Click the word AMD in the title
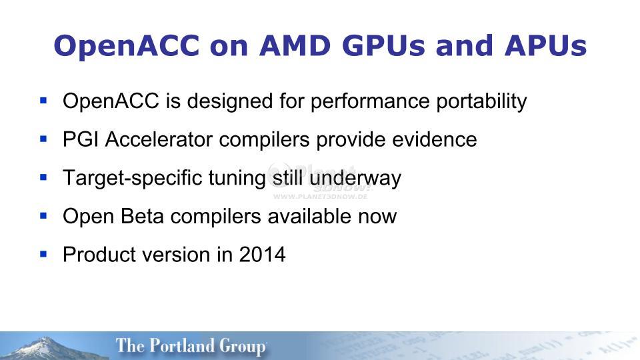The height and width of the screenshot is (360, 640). [295, 45]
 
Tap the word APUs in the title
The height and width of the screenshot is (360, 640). [545, 45]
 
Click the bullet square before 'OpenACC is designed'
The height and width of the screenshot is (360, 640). [44, 100]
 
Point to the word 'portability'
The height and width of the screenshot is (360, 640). [481, 101]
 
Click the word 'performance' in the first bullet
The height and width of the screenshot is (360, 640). [370, 101]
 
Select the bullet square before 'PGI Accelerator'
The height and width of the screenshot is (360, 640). [44, 139]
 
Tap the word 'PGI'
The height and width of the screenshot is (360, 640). [81, 139]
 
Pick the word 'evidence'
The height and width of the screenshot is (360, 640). [434, 139]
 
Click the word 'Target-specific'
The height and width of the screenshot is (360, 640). [133, 179]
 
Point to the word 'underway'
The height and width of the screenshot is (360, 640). [355, 179]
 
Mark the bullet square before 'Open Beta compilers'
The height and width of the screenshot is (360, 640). [44, 215]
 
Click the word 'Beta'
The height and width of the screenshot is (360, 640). [142, 216]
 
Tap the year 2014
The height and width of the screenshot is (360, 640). [262, 255]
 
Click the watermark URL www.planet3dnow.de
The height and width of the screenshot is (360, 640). [320, 196]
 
